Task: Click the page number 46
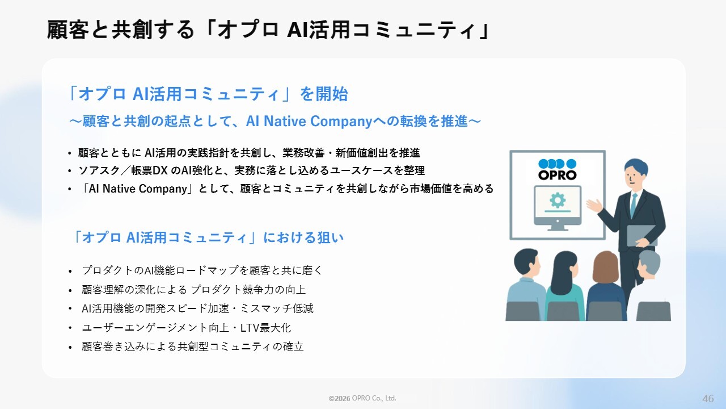pos(708,398)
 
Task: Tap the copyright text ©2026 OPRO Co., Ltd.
pos(362,398)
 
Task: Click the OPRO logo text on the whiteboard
pos(558,176)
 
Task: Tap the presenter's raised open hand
pos(594,206)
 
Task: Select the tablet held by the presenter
pos(641,235)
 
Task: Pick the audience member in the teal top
pos(565,286)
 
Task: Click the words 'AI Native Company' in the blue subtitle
pos(309,121)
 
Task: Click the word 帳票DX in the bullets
pos(149,170)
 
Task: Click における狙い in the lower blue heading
pos(303,237)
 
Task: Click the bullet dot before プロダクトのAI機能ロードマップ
pos(70,271)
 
